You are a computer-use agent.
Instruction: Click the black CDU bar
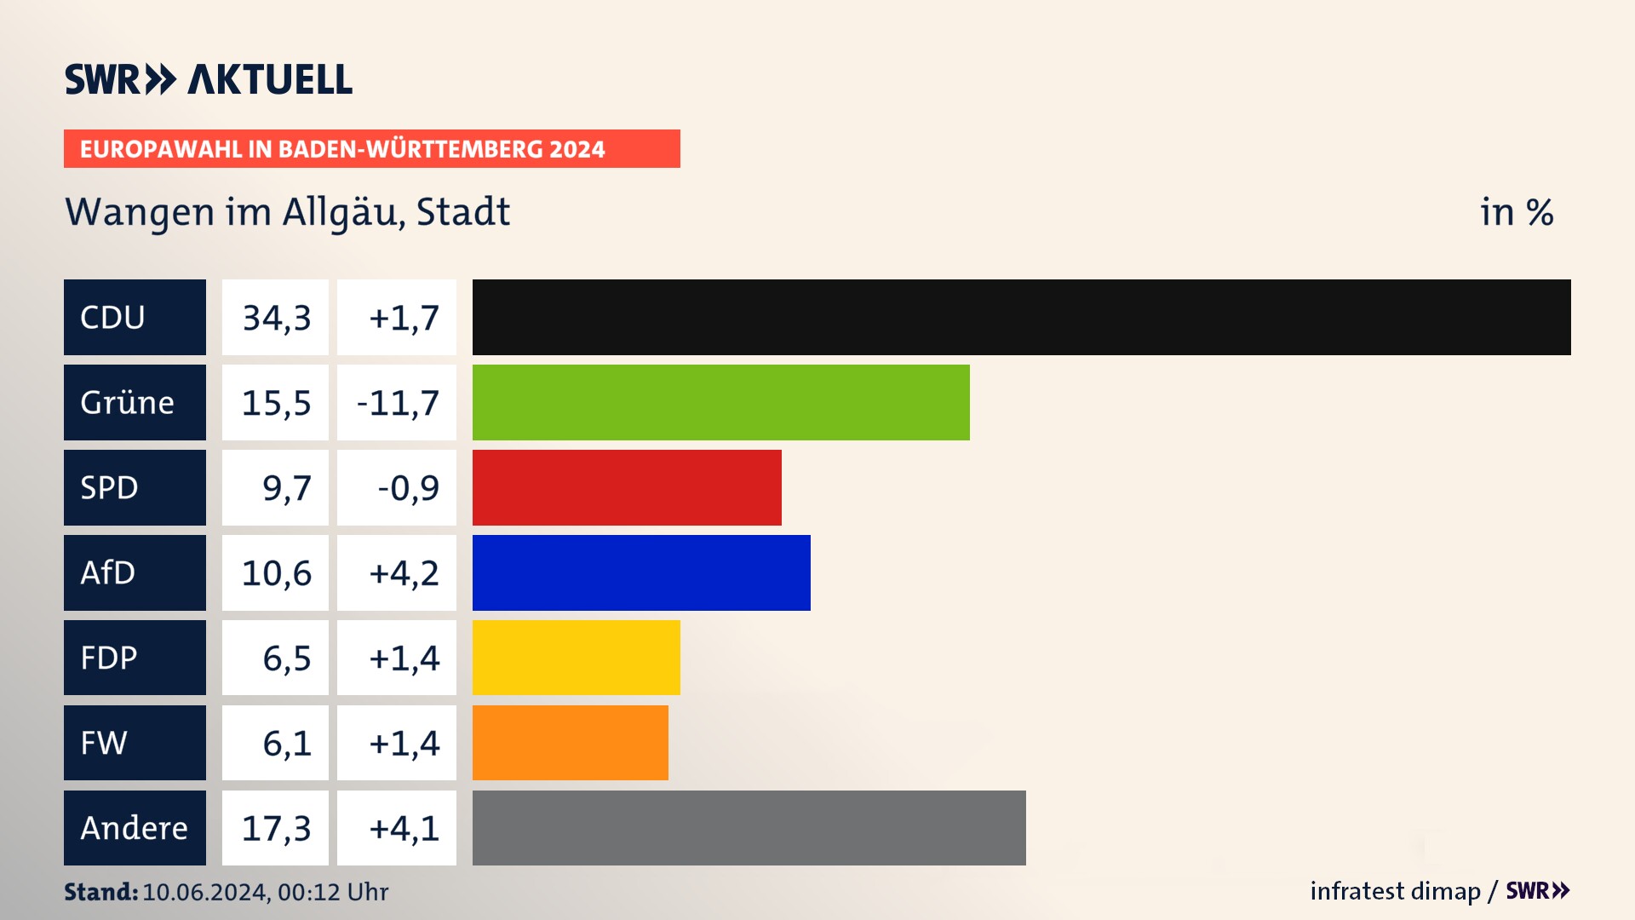pos(1021,317)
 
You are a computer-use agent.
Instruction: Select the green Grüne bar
pos(720,402)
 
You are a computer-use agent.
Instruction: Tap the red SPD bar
pos(627,487)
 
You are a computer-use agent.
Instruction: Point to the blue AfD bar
pos(641,572)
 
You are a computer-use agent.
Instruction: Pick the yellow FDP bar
pos(576,658)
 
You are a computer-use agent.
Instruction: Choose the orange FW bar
pos(570,743)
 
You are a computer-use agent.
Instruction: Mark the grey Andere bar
pos(749,828)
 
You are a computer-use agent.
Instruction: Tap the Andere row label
pos(135,828)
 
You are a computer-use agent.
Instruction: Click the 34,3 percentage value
pos(276,318)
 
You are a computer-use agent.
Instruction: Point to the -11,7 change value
pos(398,403)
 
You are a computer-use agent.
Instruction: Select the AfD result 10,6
pos(276,573)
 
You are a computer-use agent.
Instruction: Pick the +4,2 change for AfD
pos(403,573)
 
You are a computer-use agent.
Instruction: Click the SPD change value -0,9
pos(408,488)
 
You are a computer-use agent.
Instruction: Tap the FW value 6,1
pos(286,744)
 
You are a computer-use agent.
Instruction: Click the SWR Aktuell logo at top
pos(209,79)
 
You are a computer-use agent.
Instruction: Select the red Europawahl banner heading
pos(371,149)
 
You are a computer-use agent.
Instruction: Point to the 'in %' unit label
pos(1517,212)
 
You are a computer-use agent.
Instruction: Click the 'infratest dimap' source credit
pos(1395,891)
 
